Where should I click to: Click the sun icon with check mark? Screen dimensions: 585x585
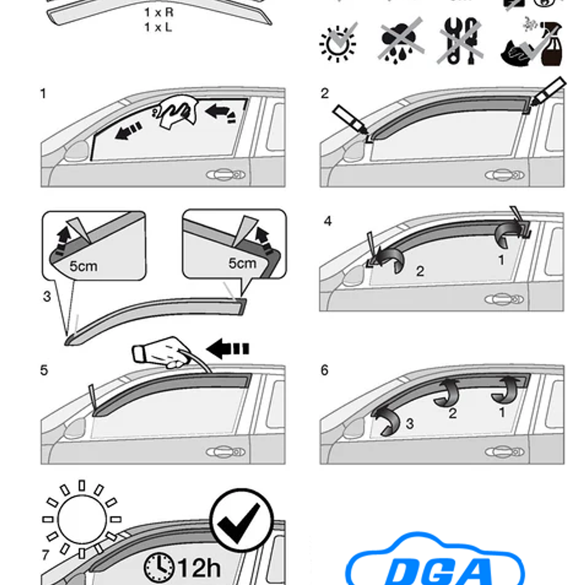(x=338, y=42)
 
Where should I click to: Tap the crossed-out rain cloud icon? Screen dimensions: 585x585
(x=400, y=41)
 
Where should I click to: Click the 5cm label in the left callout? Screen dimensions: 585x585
(x=83, y=266)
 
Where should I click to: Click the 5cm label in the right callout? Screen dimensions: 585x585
(x=242, y=263)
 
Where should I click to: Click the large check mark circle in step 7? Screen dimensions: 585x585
(x=241, y=520)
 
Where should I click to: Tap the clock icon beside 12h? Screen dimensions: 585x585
(x=159, y=567)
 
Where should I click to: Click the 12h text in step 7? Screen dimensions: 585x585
(x=199, y=567)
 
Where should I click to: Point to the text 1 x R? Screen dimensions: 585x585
(x=158, y=12)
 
